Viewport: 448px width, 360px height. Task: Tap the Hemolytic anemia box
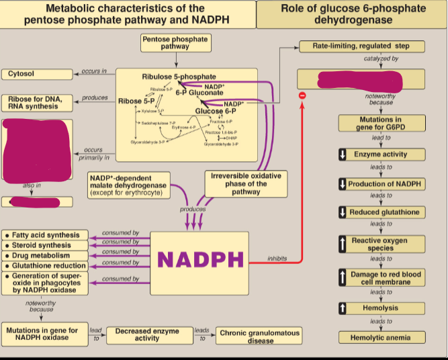[x=381, y=337]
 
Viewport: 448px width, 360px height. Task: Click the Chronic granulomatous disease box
[x=260, y=336]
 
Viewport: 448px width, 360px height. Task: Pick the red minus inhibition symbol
[x=303, y=97]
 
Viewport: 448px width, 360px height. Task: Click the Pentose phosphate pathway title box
[x=175, y=43]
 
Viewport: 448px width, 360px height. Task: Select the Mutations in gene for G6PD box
[x=381, y=124]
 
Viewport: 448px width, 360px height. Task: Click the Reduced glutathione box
[x=380, y=212]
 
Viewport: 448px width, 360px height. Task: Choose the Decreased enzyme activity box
[x=147, y=335]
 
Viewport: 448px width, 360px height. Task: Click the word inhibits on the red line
[x=277, y=259]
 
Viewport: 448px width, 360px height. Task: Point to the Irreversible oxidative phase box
[x=245, y=183]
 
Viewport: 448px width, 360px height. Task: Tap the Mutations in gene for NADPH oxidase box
[x=44, y=334]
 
